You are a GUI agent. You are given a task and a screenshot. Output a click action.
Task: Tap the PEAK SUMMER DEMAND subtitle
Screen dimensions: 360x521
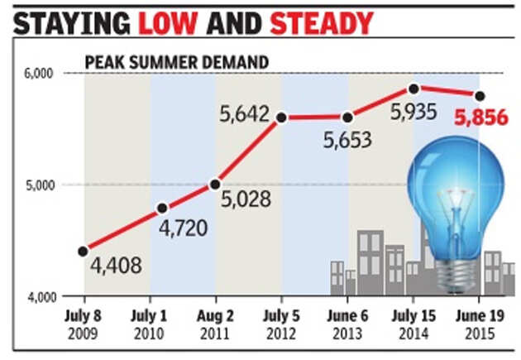pyautogui.click(x=176, y=62)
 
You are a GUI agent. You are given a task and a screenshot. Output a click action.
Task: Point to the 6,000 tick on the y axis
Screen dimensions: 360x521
pyautogui.click(x=38, y=74)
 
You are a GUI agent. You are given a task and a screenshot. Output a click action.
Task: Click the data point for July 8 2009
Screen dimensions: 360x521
pyautogui.click(x=84, y=251)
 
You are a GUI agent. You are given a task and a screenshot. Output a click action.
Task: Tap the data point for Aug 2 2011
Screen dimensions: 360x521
pyautogui.click(x=215, y=184)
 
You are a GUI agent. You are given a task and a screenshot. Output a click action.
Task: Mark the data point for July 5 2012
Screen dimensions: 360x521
pyautogui.click(x=281, y=118)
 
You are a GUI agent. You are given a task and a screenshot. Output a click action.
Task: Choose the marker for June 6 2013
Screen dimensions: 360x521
pyautogui.click(x=347, y=118)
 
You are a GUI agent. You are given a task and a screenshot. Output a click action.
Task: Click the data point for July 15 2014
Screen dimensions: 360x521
pyautogui.click(x=413, y=89)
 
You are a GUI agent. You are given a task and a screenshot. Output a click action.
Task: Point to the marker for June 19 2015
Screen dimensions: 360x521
pyautogui.click(x=479, y=95)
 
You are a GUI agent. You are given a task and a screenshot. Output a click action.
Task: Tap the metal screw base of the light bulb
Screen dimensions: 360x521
pyautogui.click(x=454, y=270)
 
